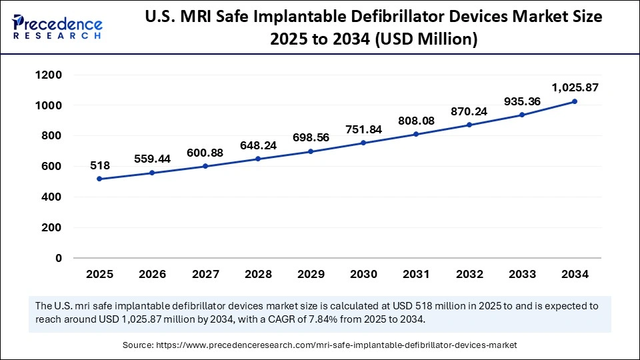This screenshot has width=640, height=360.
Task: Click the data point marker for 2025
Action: [x=99, y=179]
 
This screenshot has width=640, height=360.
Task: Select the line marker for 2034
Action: [x=575, y=101]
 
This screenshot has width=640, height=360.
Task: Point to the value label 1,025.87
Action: [x=573, y=87]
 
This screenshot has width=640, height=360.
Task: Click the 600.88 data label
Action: [x=205, y=153]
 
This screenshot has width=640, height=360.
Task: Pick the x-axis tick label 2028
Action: [x=257, y=274]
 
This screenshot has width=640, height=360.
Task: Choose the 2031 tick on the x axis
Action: [x=416, y=274]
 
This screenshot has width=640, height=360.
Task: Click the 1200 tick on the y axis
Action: [x=49, y=75]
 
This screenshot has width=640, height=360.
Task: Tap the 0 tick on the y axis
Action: [x=59, y=258]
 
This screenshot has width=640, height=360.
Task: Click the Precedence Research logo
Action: [x=57, y=27]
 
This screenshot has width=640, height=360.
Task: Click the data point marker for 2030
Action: [x=363, y=143]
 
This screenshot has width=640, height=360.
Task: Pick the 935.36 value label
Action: [x=521, y=101]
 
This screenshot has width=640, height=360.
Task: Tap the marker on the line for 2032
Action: [x=469, y=125]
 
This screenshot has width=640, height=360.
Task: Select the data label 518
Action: [x=99, y=165]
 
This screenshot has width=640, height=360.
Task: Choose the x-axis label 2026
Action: [x=152, y=274]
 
